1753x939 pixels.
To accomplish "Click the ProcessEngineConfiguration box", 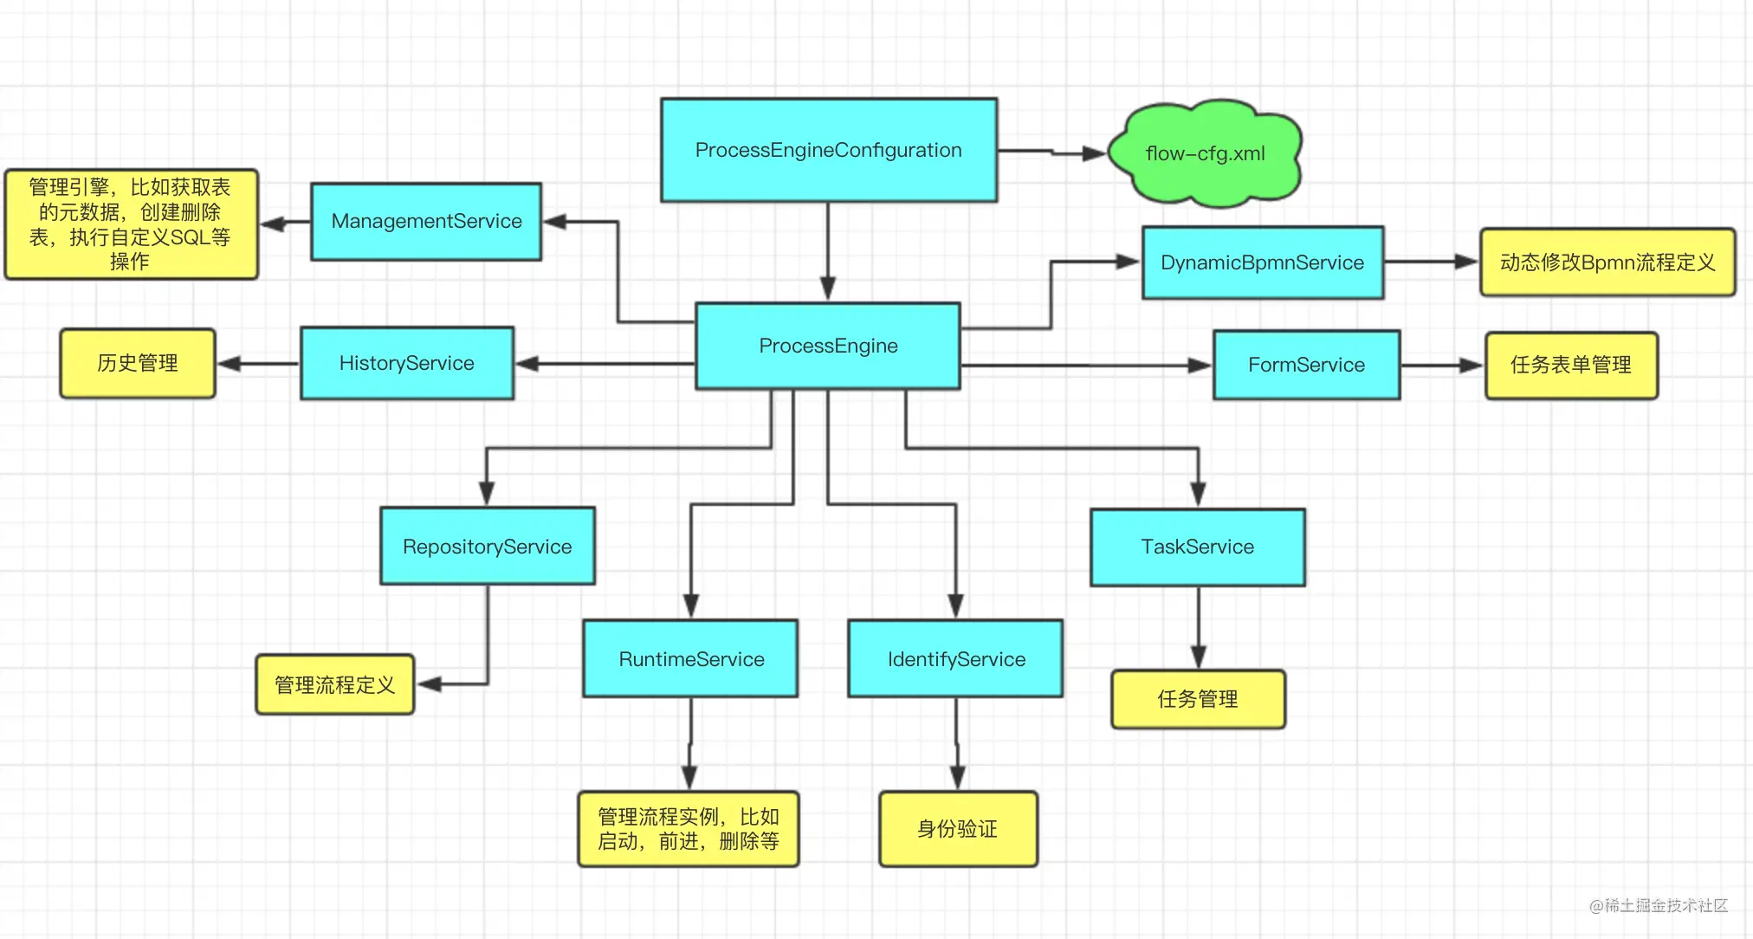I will tap(829, 150).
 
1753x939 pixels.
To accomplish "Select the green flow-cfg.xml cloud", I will tap(1205, 153).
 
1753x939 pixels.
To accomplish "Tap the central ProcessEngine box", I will tap(828, 346).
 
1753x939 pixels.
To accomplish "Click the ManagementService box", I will tap(426, 221).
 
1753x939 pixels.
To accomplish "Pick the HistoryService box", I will tap(406, 363).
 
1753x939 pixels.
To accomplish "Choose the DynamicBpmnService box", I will tap(1262, 262).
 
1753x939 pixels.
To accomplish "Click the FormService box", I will tap(1306, 365).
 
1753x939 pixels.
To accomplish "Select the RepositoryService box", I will tap(487, 546).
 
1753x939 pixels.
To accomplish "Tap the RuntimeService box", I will tap(690, 658).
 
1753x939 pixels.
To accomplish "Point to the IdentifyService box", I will tap(955, 658).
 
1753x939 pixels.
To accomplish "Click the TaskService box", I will tap(1197, 547).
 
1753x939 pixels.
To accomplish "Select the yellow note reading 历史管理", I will tap(137, 363).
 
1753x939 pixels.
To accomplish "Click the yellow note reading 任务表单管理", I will tap(1570, 365).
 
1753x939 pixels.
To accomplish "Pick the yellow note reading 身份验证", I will tap(957, 829).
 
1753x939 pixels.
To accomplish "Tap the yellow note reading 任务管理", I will tap(1197, 698).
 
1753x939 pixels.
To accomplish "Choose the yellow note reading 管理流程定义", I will tap(334, 684).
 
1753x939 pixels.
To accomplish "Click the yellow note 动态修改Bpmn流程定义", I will tap(1607, 262).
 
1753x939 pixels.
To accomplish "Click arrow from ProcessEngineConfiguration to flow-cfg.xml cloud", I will tap(1052, 152).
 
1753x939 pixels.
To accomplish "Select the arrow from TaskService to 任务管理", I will tap(1198, 627).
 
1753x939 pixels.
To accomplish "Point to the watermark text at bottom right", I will tap(1658, 905).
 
